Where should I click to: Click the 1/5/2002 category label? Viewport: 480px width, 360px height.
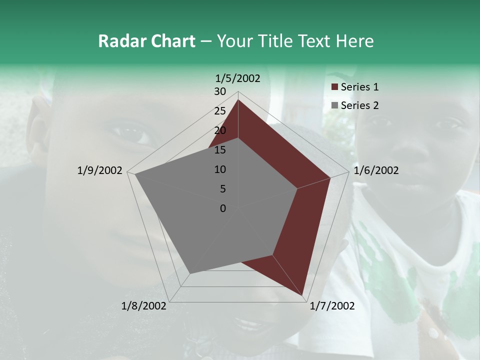pos(238,78)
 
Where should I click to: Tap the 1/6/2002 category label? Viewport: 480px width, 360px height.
pos(376,170)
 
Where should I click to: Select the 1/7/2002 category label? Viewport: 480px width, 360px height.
pos(332,306)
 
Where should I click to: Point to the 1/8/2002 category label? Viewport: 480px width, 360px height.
pos(144,306)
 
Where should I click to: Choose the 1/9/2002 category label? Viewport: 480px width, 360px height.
pos(100,170)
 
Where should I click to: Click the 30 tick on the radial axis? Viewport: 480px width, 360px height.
pos(220,91)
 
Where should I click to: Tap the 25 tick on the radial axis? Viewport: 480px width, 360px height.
pos(220,111)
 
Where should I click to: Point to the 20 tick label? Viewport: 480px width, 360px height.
pos(220,130)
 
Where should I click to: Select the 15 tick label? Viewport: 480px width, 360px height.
pos(220,150)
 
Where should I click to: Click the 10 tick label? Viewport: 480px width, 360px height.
pos(220,169)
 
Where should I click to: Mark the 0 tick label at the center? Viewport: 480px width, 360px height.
pos(223,208)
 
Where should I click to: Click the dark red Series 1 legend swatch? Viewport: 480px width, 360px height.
pos(335,87)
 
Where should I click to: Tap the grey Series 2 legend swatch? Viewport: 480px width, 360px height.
pos(335,105)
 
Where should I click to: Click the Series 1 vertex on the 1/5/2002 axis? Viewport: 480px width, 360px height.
pos(238,99)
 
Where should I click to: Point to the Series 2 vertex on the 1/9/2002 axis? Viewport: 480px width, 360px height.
pos(135,174)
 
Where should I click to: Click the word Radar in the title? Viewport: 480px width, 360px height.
pos(118,41)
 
